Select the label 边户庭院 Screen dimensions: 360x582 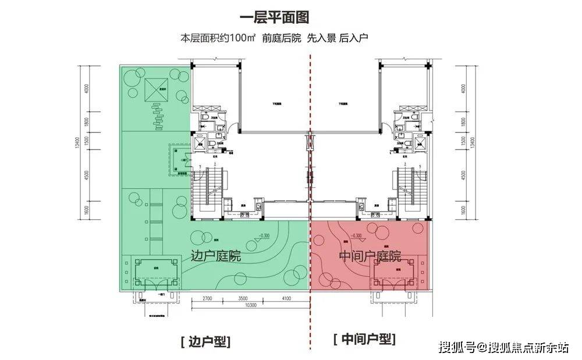(x=215, y=256)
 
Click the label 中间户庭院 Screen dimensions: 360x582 (x=370, y=256)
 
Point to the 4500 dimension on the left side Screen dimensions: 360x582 (x=87, y=176)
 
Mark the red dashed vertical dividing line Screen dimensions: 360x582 (x=310, y=174)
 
